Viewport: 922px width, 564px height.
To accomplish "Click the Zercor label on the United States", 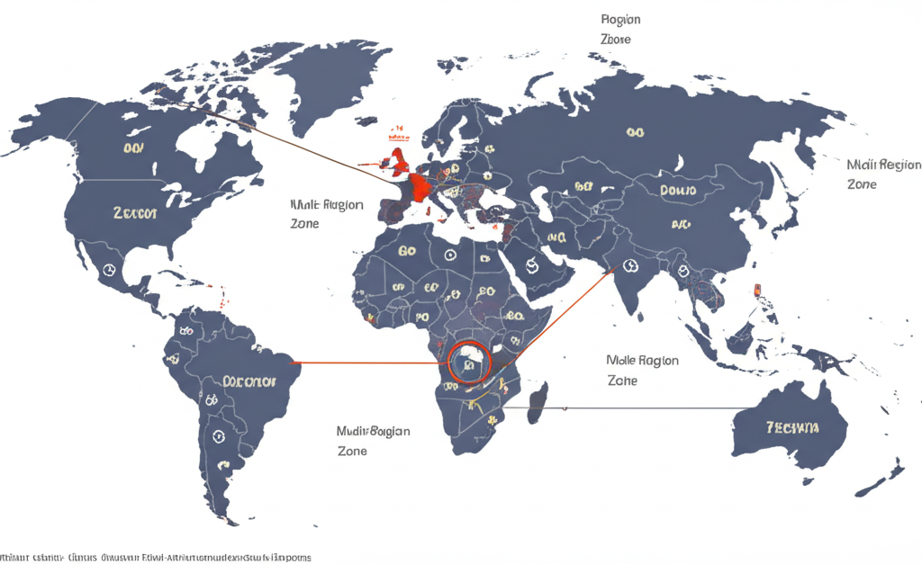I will point(136,214).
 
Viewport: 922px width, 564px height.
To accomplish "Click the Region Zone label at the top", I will point(622,29).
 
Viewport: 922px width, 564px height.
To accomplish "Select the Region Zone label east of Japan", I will point(883,175).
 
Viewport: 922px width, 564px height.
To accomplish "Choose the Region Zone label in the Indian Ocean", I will point(642,370).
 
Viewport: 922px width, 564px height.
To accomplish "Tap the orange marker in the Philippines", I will point(756,290).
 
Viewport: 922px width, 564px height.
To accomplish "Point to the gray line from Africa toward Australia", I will point(630,407).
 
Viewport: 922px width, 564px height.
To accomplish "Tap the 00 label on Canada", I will point(134,148).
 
